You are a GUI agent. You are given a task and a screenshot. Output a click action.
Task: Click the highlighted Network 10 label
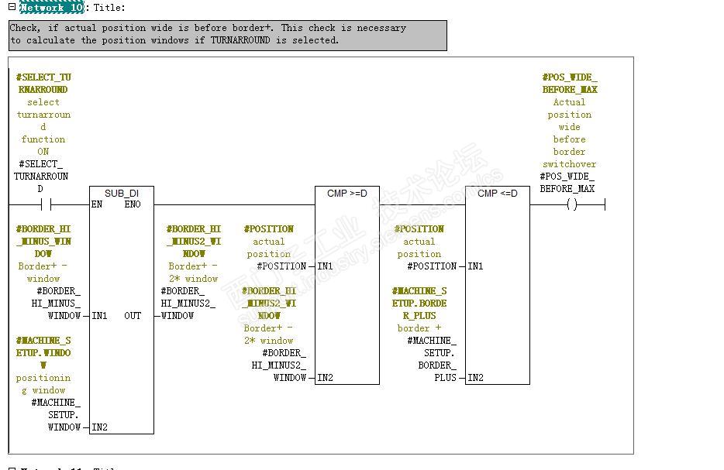click(51, 7)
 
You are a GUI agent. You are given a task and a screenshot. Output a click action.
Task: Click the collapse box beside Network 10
click(12, 6)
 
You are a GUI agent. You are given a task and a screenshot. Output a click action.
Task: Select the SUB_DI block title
click(121, 193)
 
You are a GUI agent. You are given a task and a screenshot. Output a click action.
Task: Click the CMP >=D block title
click(346, 193)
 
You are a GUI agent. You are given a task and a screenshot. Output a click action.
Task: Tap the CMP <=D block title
click(497, 193)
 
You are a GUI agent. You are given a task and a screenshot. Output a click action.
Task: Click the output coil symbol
click(572, 204)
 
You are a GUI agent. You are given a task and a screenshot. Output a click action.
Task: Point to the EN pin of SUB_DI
click(97, 204)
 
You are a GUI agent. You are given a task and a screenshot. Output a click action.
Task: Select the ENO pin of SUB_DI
click(133, 204)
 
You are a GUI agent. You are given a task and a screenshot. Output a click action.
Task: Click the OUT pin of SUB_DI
click(133, 316)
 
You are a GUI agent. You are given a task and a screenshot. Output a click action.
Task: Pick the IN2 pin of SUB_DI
click(99, 427)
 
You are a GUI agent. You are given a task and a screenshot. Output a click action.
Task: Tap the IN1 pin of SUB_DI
click(99, 316)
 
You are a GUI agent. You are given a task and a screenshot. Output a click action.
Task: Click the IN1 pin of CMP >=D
click(325, 266)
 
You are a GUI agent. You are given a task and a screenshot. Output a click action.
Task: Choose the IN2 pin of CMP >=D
click(325, 378)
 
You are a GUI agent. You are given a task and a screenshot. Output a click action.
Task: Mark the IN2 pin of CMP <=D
click(475, 378)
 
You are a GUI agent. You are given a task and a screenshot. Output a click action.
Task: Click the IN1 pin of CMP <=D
click(475, 266)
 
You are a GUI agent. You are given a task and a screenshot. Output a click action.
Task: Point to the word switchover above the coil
click(569, 164)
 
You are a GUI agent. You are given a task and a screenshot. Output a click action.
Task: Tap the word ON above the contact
click(43, 152)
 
